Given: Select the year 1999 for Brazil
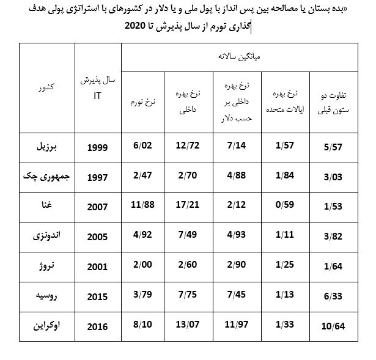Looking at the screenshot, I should tap(97, 148).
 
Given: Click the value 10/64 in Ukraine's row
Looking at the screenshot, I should tap(333, 326).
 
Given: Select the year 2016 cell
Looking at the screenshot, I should tap(97, 326).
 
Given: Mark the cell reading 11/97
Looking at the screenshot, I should tap(235, 325).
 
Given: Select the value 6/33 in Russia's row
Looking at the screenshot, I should tap(333, 296).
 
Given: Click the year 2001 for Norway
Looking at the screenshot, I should tap(97, 266).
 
